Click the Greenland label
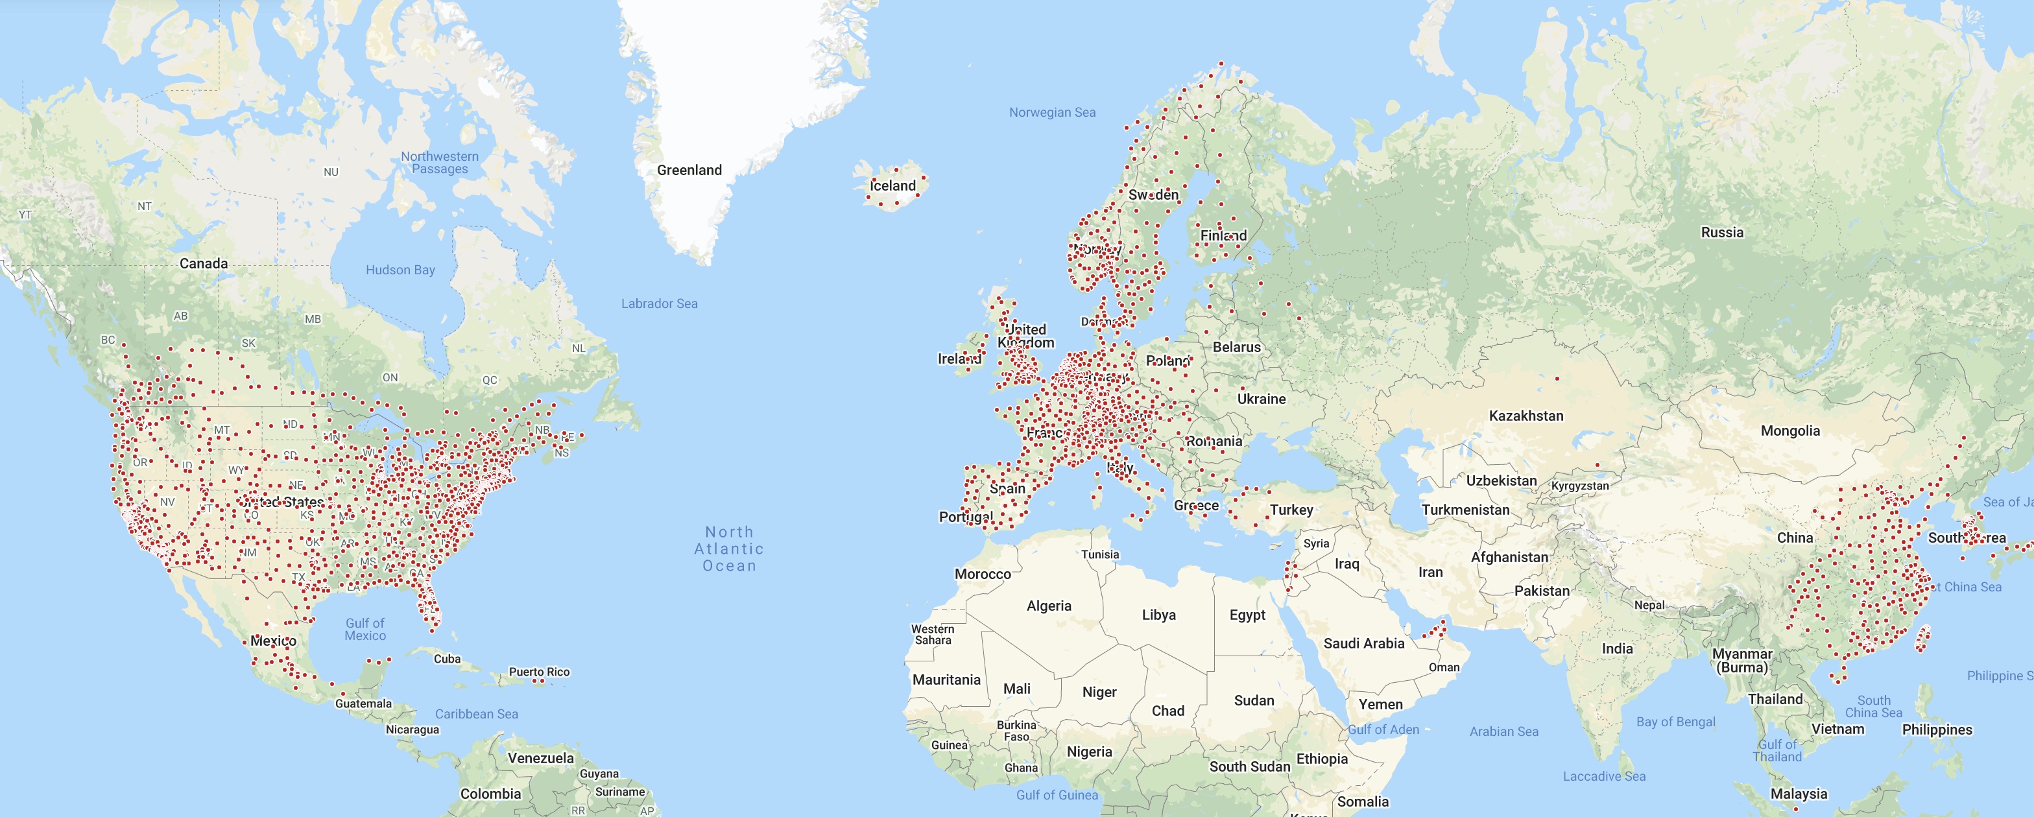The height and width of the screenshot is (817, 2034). tap(689, 170)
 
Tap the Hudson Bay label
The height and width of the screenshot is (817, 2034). tap(400, 270)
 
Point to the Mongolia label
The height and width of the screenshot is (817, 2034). tap(1790, 430)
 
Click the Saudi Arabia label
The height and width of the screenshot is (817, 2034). tap(1363, 643)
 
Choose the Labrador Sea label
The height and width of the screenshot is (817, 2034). tap(660, 303)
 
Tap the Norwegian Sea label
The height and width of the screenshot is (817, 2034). tap(1052, 112)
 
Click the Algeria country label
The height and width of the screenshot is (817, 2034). tap(1049, 606)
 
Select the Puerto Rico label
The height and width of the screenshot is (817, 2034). tap(539, 672)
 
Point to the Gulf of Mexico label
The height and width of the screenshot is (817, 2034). tap(365, 629)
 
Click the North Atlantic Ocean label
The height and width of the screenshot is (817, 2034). tap(729, 549)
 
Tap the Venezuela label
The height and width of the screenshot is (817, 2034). tap(541, 758)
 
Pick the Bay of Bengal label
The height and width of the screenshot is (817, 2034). tap(1675, 722)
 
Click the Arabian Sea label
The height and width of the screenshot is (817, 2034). tap(1503, 731)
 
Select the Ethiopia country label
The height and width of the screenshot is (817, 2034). tap(1322, 759)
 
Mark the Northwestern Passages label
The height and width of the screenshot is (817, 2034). tap(440, 163)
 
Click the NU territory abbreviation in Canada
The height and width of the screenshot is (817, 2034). tap(331, 171)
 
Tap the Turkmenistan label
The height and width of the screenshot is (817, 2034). tap(1465, 510)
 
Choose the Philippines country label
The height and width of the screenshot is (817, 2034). tap(1937, 729)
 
